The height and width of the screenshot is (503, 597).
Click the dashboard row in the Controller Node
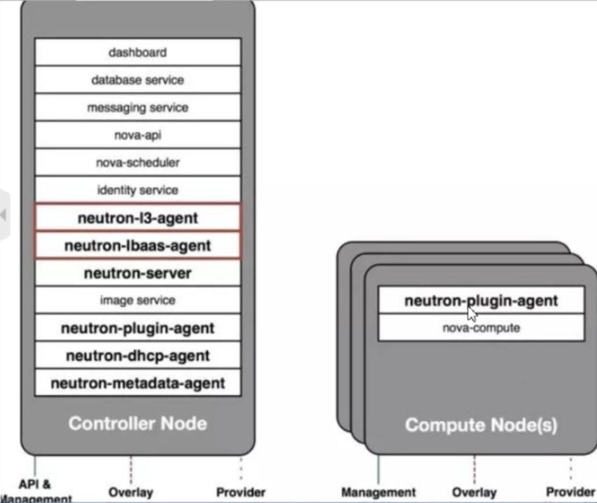tap(138, 53)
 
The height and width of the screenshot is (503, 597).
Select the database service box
tap(138, 80)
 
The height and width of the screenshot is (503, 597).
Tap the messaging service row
tap(138, 108)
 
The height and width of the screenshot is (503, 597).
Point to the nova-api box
tap(138, 135)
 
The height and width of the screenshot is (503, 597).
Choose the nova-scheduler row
tap(138, 163)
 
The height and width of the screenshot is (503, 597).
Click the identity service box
tap(138, 191)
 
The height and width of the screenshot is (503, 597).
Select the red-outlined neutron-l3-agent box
tap(138, 218)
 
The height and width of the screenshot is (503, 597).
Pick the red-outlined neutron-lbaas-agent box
tap(138, 246)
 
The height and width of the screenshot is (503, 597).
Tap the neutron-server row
tap(138, 273)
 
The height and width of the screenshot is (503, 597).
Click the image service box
tap(138, 301)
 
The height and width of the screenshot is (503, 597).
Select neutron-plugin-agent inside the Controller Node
tap(138, 328)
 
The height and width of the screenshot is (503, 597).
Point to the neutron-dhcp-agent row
tap(138, 356)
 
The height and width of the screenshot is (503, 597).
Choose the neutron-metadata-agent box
tap(138, 383)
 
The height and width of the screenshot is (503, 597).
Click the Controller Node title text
tap(138, 423)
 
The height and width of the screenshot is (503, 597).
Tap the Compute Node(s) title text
tap(482, 425)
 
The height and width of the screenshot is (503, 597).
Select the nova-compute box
tap(482, 328)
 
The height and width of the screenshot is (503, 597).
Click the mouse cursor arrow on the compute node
tap(472, 312)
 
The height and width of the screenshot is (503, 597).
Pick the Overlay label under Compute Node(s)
tap(474, 492)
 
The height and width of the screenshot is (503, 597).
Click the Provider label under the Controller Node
tap(240, 492)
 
